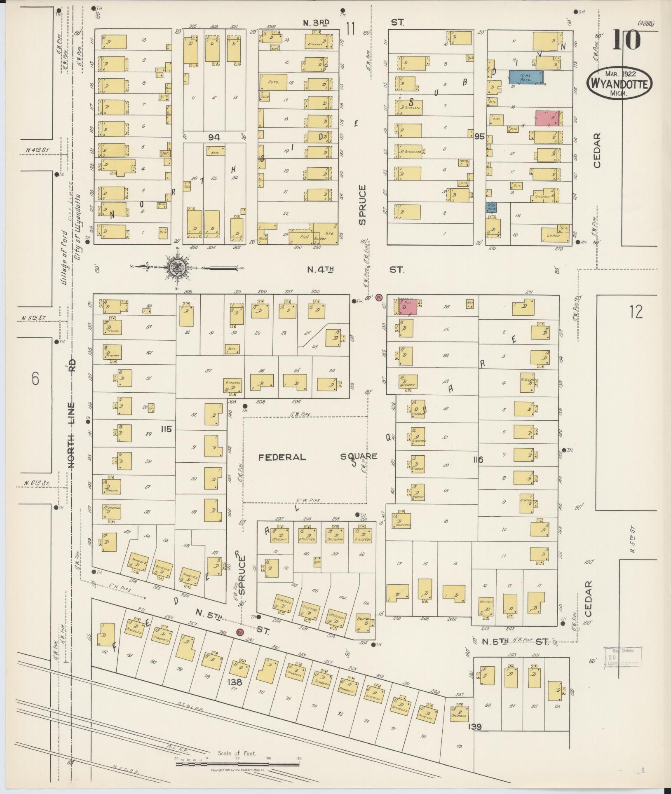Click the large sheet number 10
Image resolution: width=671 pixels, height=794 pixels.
click(626, 40)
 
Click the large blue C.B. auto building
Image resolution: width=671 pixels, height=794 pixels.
click(526, 77)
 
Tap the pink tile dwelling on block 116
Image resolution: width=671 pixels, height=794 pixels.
click(407, 307)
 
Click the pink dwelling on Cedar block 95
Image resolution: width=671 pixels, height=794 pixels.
click(548, 118)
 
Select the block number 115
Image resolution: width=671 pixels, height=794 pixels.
click(166, 429)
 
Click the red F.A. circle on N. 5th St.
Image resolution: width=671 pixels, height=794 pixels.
click(240, 632)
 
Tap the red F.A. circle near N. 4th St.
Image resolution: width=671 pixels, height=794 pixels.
click(380, 297)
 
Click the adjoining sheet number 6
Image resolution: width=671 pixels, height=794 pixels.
click(35, 378)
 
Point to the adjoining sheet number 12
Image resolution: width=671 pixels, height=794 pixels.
click(636, 312)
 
